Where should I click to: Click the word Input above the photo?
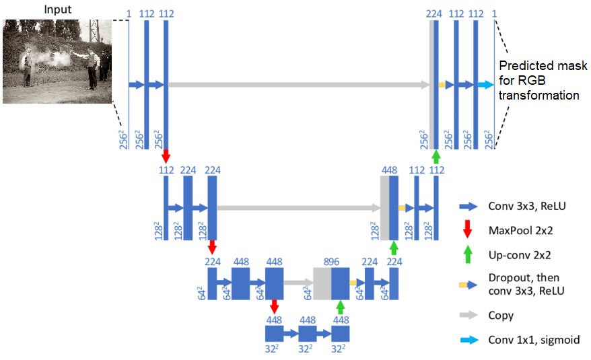click(58, 9)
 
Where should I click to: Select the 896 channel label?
click(331, 262)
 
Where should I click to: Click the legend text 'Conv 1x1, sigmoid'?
click(534, 340)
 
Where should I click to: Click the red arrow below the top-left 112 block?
click(166, 154)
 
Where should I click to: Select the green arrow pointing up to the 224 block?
click(436, 157)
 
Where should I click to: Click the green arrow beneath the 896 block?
click(341, 308)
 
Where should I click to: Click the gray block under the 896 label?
click(322, 283)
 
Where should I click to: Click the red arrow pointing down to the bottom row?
click(274, 307)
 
